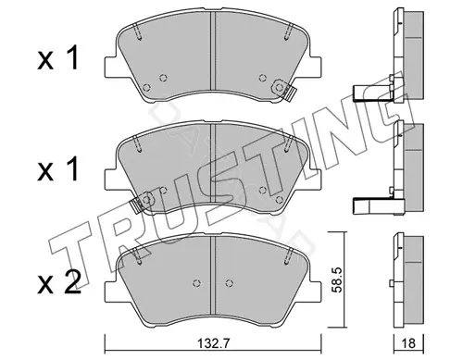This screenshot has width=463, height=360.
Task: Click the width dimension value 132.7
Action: click(x=213, y=343)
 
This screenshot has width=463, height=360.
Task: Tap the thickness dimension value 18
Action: click(x=409, y=343)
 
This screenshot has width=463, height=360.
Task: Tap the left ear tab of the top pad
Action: click(x=111, y=67)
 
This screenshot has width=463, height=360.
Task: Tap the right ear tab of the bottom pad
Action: click(x=315, y=291)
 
